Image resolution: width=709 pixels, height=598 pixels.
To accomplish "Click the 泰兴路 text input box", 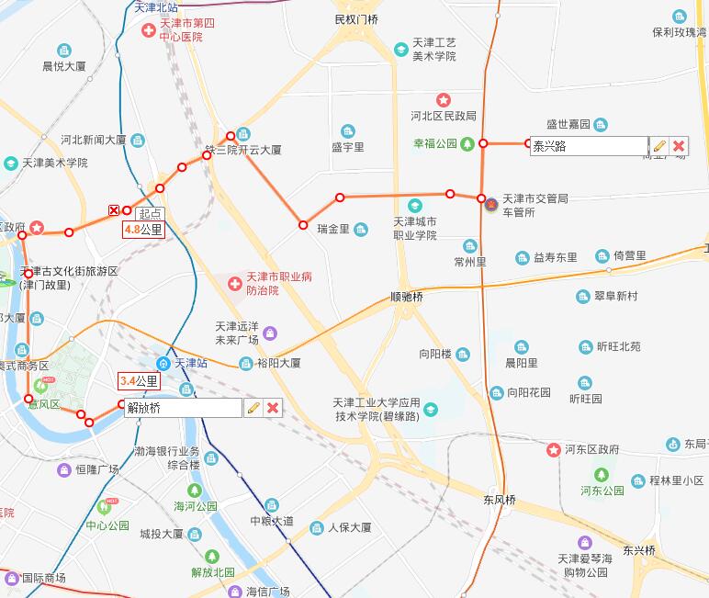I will [x=589, y=146].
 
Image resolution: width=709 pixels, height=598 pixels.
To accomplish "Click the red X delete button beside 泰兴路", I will [x=679, y=146].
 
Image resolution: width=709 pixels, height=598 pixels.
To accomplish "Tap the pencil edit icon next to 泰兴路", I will [x=659, y=146].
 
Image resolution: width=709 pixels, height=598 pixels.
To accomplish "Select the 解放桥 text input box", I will [x=183, y=408].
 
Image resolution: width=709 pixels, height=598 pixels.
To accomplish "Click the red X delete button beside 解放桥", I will [x=273, y=408].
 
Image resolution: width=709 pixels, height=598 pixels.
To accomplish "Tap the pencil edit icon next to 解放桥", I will [x=253, y=408].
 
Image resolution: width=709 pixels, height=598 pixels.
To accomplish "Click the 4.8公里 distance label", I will [x=143, y=231].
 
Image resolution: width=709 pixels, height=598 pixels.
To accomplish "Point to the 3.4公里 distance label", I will [x=139, y=380].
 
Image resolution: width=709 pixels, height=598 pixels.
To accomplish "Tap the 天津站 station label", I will [x=191, y=363].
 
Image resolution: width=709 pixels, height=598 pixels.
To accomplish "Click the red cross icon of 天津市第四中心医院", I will [x=148, y=31].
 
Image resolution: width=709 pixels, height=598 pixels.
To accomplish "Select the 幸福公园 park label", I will [x=434, y=144].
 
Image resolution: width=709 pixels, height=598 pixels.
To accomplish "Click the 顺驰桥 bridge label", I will [x=406, y=298].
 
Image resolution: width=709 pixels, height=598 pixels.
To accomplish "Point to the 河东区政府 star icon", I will [x=554, y=450].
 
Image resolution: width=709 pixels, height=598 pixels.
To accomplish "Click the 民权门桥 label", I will [x=356, y=19].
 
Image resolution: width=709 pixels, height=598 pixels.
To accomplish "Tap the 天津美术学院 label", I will [x=55, y=164].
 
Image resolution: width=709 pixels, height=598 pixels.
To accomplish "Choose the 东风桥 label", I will [x=500, y=501].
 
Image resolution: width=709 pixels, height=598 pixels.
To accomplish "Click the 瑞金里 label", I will [x=332, y=229].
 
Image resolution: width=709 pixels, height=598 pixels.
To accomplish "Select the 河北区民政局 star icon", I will [x=444, y=99].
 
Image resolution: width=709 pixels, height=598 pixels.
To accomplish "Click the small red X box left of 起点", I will [x=114, y=210].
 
